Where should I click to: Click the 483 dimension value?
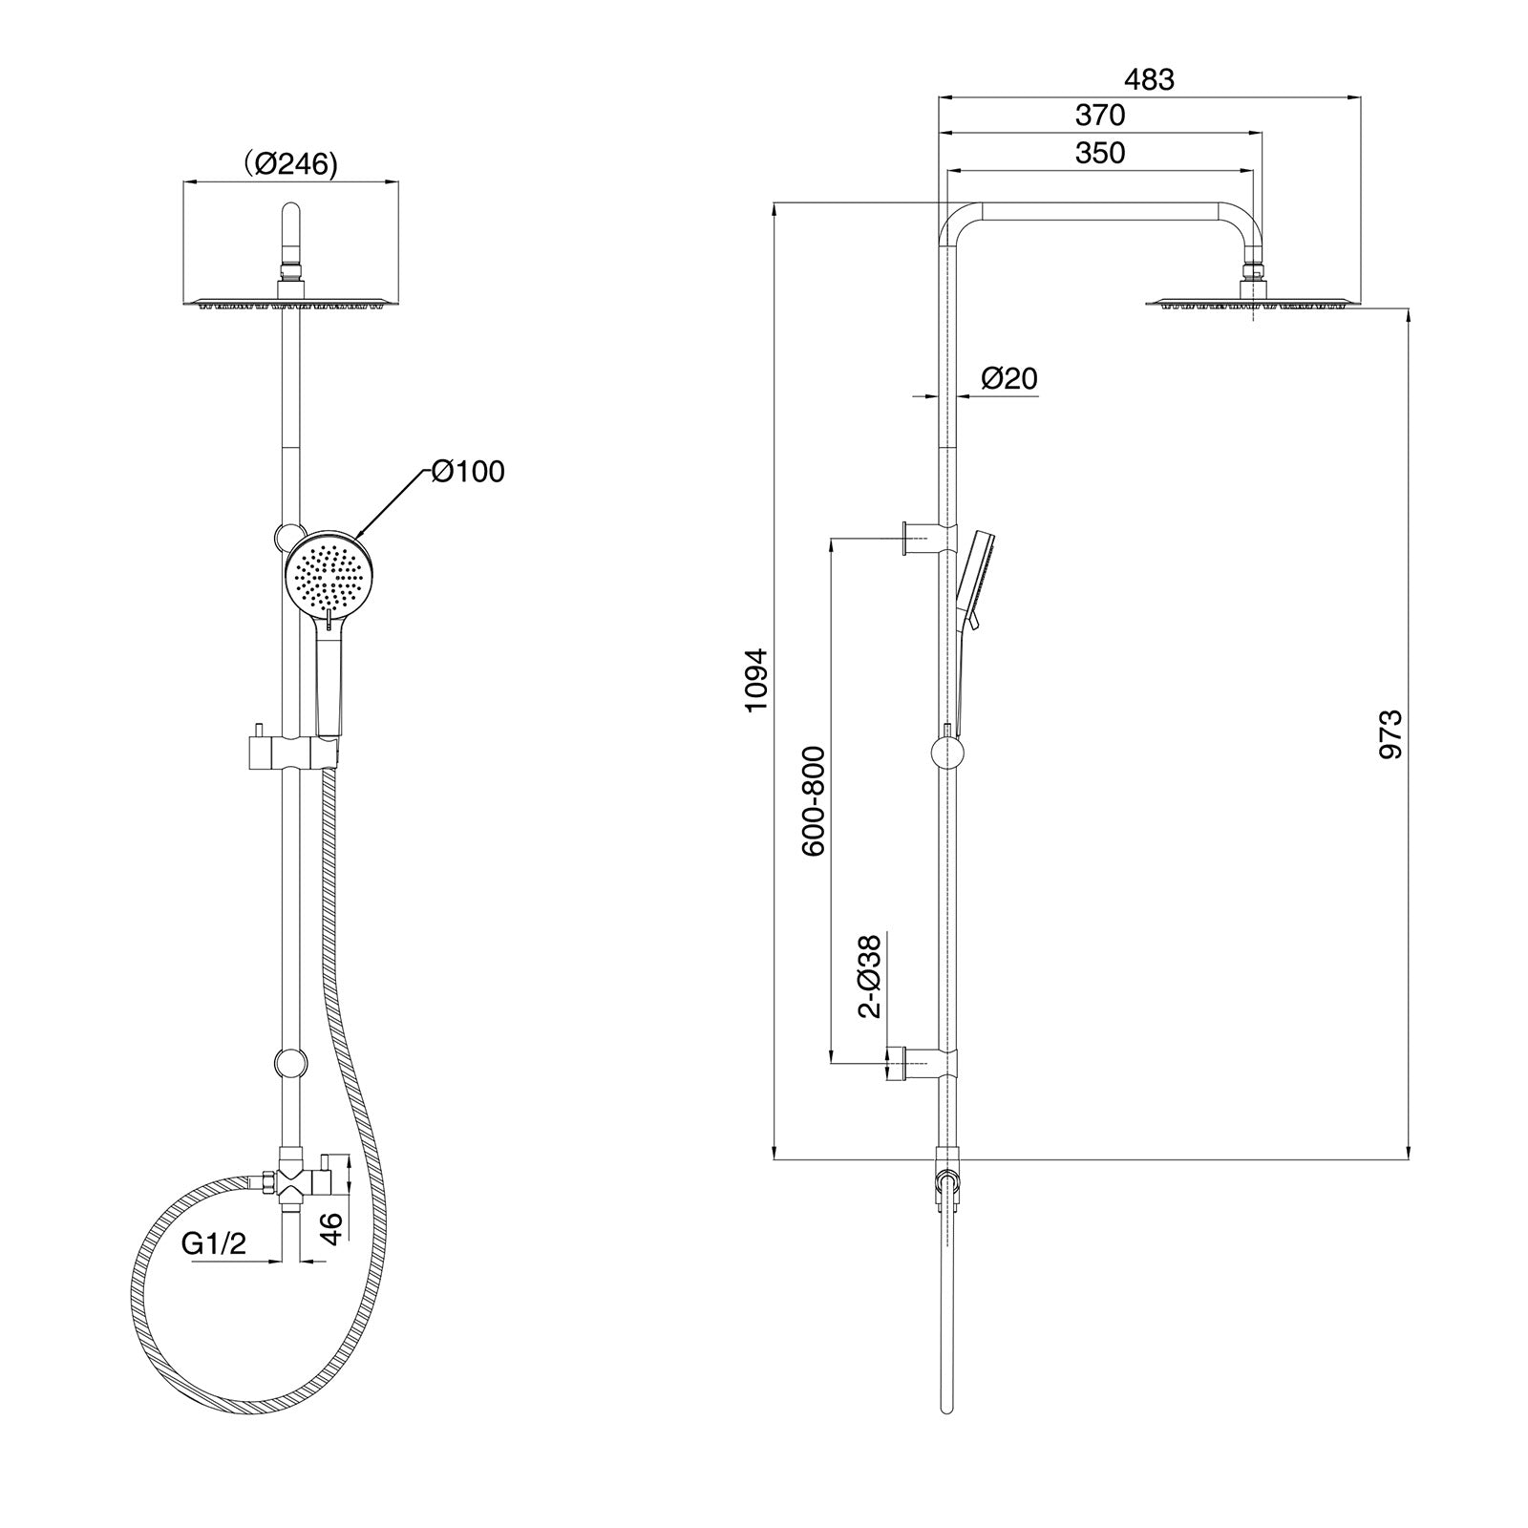pyautogui.click(x=1149, y=80)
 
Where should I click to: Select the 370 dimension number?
pyautogui.click(x=1100, y=116)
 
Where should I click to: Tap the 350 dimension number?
pyautogui.click(x=1100, y=153)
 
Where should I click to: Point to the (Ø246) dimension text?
pyautogui.click(x=289, y=164)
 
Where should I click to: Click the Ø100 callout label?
pyautogui.click(x=467, y=471)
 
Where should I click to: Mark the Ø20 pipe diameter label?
pyautogui.click(x=1008, y=379)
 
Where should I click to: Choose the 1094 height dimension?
pyautogui.click(x=756, y=680)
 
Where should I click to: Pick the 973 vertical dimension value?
pyautogui.click(x=1390, y=733)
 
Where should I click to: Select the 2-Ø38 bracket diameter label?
pyautogui.click(x=869, y=976)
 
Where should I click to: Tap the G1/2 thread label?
pyautogui.click(x=214, y=1243)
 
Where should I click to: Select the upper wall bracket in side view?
pyautogui.click(x=926, y=538)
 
